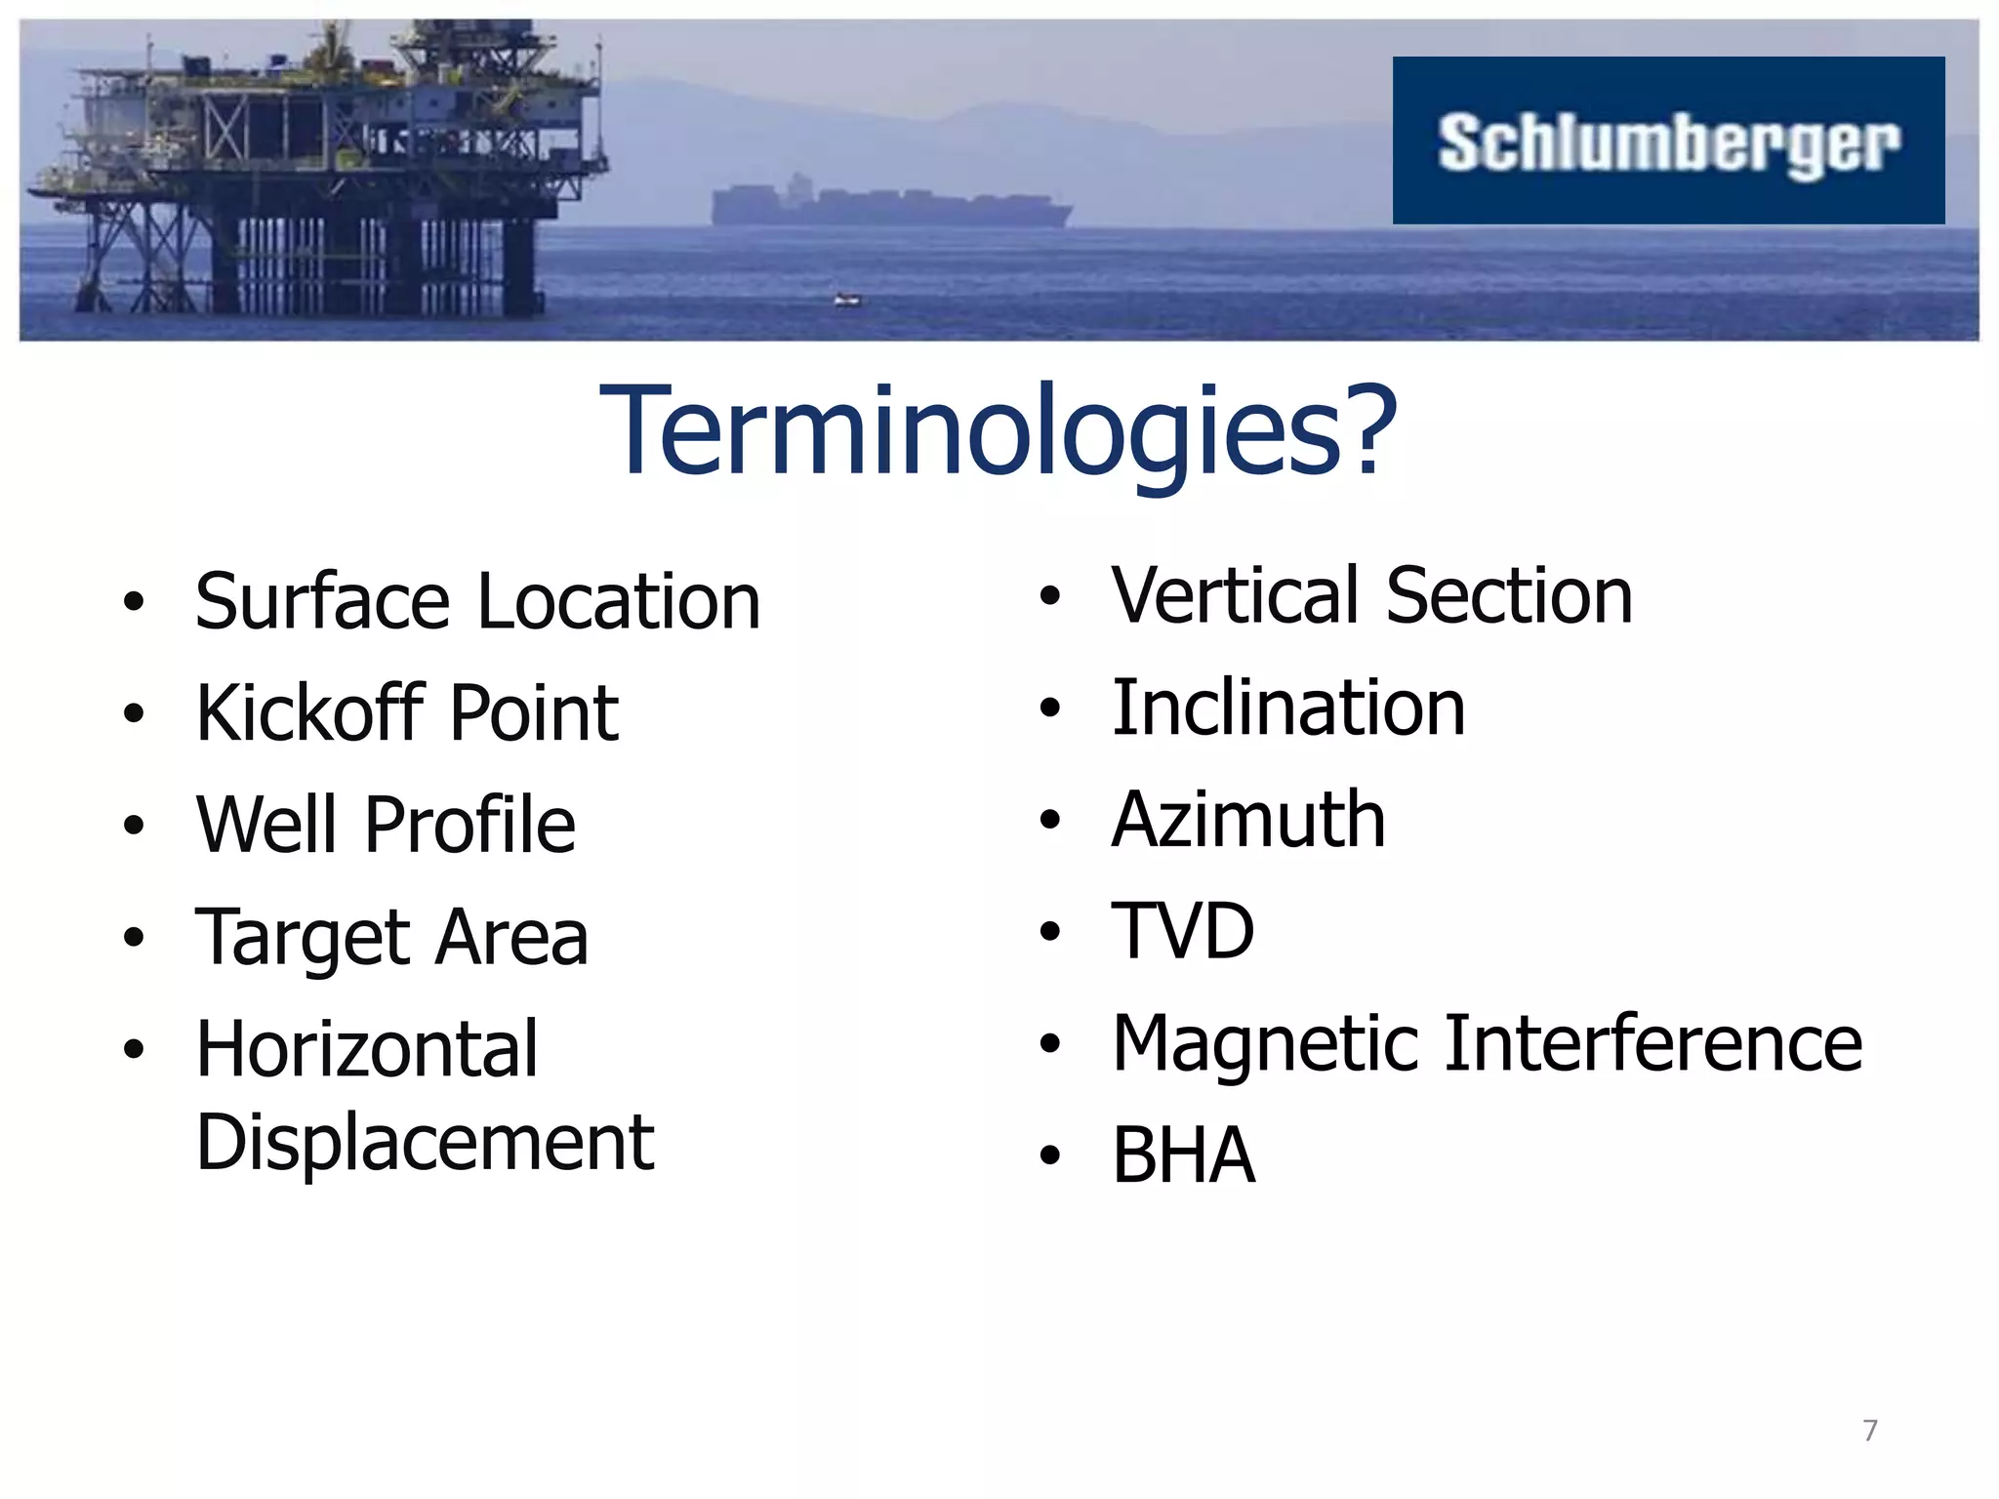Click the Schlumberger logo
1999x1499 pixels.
[1667, 142]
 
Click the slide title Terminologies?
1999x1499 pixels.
[998, 431]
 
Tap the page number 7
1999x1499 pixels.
[1869, 1430]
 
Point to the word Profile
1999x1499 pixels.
[469, 825]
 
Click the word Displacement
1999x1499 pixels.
[425, 1142]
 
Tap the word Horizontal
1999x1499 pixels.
[366, 1049]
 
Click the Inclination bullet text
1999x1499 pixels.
[1288, 708]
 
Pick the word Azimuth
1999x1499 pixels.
[1247, 820]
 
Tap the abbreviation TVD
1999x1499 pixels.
[1182, 931]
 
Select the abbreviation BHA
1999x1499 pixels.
[1183, 1155]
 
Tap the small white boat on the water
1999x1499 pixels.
[847, 300]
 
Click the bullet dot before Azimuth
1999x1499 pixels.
[1049, 821]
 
